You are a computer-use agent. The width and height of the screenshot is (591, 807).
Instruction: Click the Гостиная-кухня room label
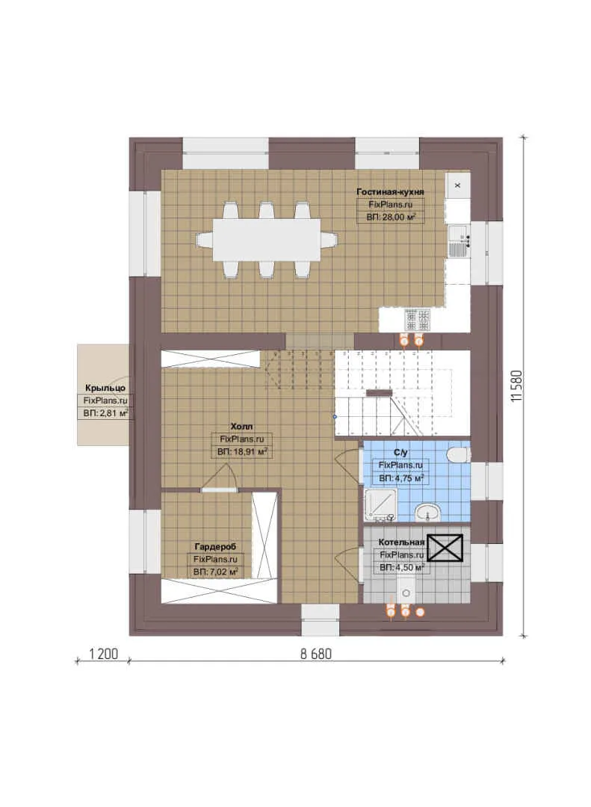tap(390, 192)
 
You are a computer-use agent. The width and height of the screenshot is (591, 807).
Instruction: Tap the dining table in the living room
tap(267, 240)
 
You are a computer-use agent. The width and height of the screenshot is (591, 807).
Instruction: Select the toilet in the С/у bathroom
tap(459, 454)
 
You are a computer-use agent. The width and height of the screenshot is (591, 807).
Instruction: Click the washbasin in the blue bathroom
tap(427, 513)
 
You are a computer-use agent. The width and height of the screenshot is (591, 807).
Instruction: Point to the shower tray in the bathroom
tap(380, 504)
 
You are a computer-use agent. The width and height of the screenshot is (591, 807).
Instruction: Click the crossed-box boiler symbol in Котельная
tap(445, 547)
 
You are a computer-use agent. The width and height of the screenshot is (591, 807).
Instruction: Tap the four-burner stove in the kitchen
tap(418, 320)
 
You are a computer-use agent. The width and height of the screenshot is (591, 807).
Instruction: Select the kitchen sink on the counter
tap(457, 241)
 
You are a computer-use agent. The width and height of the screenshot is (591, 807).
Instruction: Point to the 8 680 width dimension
tap(315, 654)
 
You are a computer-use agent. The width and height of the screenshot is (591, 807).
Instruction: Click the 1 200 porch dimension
tap(103, 654)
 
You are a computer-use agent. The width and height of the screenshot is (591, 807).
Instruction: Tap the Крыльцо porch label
tap(105, 388)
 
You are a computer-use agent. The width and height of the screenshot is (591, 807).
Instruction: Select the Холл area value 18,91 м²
tap(241, 452)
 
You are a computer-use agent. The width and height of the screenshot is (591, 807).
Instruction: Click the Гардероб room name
tap(215, 546)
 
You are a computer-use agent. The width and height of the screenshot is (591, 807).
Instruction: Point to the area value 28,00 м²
tap(391, 217)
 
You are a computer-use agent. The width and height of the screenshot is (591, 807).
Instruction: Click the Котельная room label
tap(401, 542)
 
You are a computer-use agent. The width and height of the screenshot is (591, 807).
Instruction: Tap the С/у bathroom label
tap(400, 453)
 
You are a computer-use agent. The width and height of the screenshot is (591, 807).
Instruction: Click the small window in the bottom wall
tap(321, 619)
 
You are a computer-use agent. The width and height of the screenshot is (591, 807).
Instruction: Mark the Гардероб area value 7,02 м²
tap(215, 572)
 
